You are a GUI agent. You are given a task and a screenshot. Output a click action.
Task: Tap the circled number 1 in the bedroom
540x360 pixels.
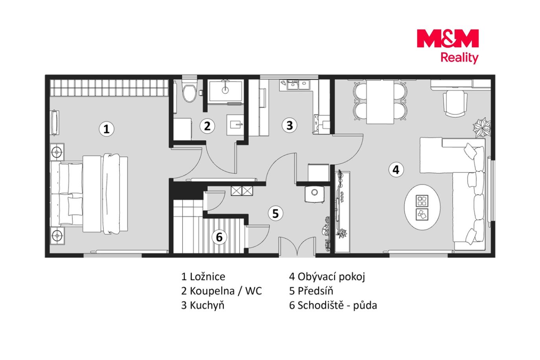tap(107, 129)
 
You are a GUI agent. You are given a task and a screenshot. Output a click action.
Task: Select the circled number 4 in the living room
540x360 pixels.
tap(396, 170)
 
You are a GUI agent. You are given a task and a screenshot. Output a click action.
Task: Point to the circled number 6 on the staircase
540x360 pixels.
tap(219, 237)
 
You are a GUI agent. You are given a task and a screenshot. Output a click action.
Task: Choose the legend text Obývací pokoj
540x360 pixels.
tap(331, 277)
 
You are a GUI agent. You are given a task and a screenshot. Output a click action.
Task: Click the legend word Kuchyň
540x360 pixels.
tap(207, 306)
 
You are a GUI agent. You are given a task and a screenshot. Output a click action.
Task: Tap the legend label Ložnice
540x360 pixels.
tap(207, 277)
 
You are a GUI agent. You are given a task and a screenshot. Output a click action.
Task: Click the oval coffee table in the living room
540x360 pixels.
tap(422, 207)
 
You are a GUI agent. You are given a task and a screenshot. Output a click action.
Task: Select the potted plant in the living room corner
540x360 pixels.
tap(482, 127)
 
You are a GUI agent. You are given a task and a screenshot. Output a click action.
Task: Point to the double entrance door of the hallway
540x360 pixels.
tap(297, 246)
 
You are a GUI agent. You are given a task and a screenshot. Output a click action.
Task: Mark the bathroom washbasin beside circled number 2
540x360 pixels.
tap(235, 125)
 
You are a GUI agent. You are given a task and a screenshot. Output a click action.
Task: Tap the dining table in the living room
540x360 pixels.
tap(380, 102)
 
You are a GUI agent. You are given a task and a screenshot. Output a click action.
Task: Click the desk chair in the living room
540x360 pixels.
tap(455, 103)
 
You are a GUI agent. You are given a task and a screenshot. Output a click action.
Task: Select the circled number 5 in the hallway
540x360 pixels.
tap(275, 213)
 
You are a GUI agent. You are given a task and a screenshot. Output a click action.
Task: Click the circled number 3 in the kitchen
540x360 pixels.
tap(289, 125)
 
